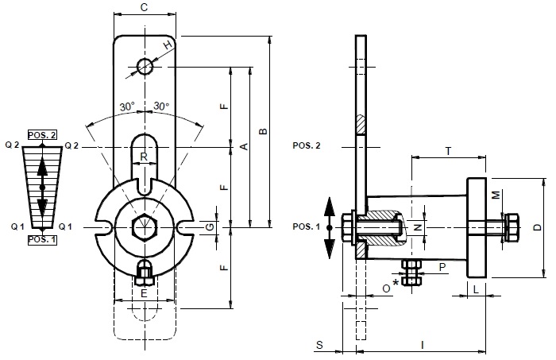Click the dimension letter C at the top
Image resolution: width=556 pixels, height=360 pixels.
click(x=143, y=7)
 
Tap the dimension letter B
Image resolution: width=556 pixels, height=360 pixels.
click(x=263, y=131)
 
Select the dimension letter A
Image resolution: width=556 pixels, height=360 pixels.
click(x=244, y=146)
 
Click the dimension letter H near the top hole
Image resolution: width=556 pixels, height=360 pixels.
click(x=168, y=46)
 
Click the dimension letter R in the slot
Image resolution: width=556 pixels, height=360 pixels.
click(x=144, y=157)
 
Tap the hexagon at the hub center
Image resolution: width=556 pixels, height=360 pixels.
click(x=144, y=226)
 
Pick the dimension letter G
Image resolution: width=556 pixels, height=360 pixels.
click(x=210, y=227)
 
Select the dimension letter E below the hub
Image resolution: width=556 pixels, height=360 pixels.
click(x=144, y=293)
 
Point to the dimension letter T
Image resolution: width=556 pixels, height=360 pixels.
click(x=448, y=150)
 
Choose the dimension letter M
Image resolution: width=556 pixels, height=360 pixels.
click(x=494, y=194)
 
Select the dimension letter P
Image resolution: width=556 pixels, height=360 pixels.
click(x=442, y=268)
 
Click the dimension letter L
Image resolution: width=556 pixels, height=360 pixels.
click(x=475, y=288)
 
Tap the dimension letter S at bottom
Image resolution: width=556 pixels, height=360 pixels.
click(x=318, y=345)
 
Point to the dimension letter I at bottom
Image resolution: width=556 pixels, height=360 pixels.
click(x=423, y=345)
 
